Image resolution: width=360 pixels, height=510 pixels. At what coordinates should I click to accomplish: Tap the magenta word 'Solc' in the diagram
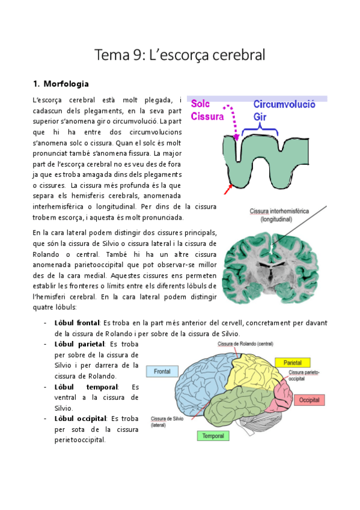coord(201,104)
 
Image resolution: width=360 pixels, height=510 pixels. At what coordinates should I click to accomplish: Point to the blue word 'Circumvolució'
coord(284,104)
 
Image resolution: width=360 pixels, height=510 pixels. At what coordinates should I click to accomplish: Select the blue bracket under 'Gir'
coord(259,130)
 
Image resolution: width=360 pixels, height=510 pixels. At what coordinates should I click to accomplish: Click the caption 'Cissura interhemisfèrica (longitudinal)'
coord(270,215)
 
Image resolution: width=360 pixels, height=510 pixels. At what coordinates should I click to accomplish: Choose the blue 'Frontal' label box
coord(162,372)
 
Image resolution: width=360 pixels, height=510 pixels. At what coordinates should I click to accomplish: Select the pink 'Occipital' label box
coord(309,399)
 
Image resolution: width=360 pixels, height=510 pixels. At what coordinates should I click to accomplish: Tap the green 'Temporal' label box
coord(213,435)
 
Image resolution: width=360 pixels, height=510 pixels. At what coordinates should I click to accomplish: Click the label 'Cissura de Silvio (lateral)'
coord(167,421)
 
